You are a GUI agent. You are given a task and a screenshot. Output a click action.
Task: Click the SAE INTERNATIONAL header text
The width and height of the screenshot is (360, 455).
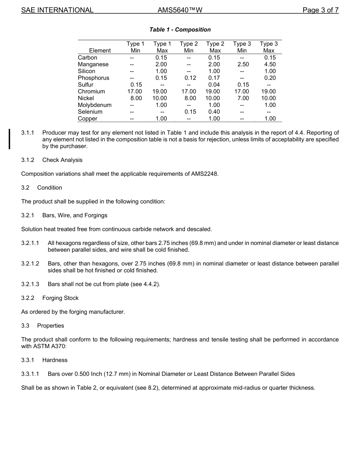click(x=57, y=10)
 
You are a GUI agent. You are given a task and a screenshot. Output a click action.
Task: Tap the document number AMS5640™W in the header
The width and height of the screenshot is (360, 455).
click(x=180, y=10)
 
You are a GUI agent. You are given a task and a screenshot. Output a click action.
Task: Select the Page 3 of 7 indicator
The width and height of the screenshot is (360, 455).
click(x=320, y=10)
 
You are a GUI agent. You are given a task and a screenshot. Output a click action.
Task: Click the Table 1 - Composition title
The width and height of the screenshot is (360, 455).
click(x=180, y=30)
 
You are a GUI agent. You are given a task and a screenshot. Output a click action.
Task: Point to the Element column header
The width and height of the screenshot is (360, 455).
click(x=100, y=50)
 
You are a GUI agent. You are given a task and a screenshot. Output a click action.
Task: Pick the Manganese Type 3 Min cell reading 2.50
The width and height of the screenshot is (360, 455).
click(x=243, y=64)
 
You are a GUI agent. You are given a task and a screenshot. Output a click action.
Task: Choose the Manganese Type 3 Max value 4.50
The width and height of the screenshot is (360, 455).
click(x=270, y=64)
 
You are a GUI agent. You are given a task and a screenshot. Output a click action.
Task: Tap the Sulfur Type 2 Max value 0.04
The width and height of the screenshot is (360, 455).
click(x=214, y=85)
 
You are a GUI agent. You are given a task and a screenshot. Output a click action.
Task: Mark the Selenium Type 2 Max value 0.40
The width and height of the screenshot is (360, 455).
click(x=214, y=112)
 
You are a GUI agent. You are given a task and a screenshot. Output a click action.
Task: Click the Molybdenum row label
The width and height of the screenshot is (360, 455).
click(x=95, y=105)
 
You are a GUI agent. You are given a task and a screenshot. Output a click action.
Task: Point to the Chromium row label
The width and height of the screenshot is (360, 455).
click(x=91, y=91)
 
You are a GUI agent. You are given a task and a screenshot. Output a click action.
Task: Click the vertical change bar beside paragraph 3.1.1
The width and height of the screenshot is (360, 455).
click(x=9, y=139)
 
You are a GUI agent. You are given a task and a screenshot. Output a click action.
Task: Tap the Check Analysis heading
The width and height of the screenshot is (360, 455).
click(x=62, y=160)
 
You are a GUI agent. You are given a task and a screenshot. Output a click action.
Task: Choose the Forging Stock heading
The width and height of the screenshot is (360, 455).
click(x=60, y=298)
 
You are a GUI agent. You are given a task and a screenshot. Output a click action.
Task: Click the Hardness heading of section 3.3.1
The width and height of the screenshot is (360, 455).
click(x=55, y=360)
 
